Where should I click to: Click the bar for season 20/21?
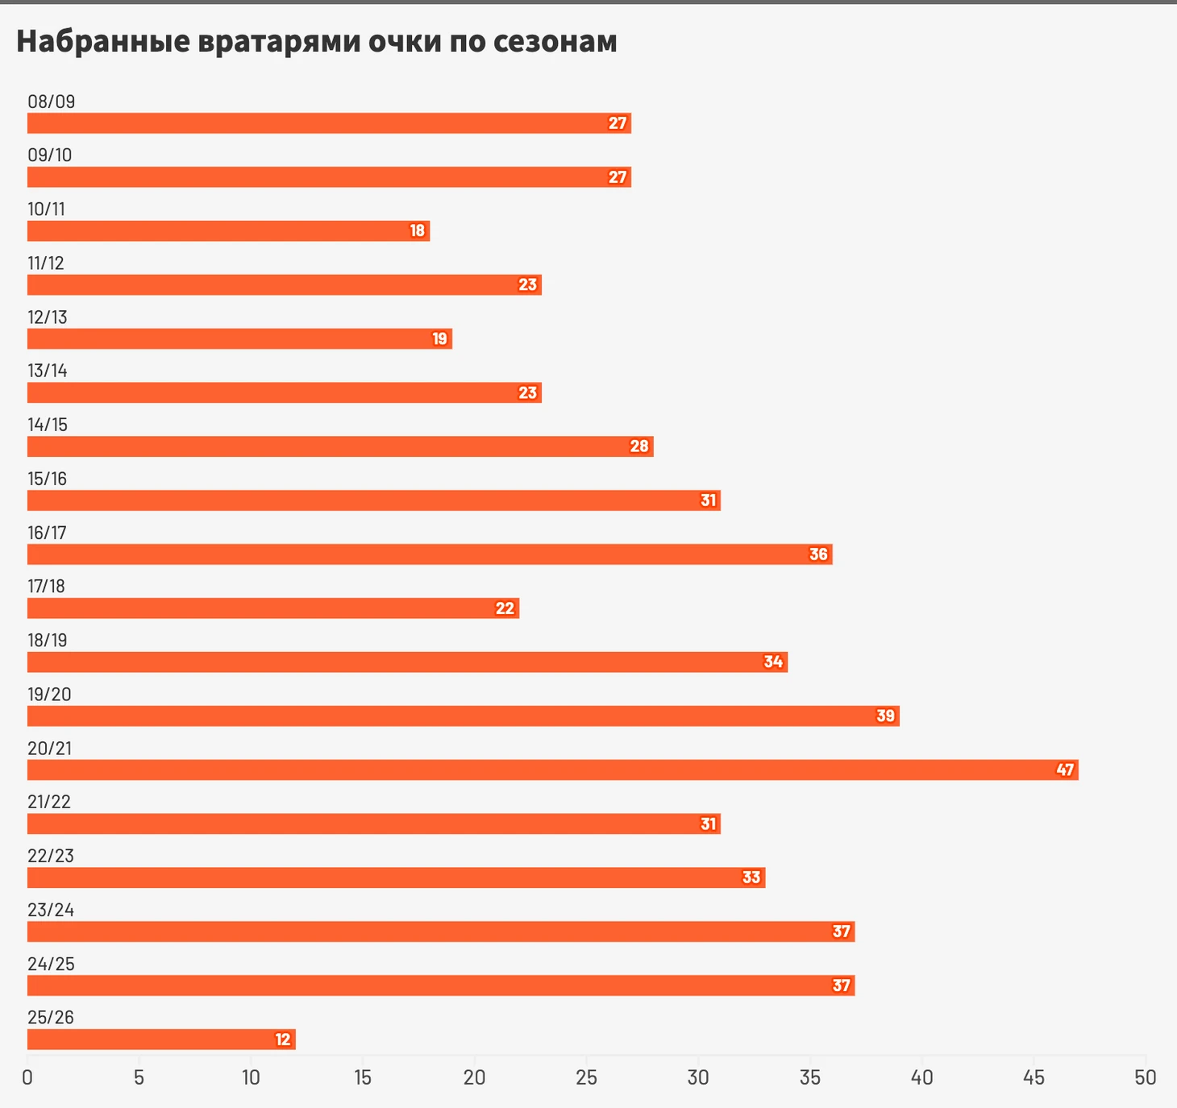point(552,770)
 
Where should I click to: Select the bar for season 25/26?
point(161,1040)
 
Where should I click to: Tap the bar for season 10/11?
point(228,230)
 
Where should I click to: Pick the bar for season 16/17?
point(430,554)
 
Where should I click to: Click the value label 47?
point(1065,770)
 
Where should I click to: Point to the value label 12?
point(282,1040)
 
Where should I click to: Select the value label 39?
point(885,716)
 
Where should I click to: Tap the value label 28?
point(639,446)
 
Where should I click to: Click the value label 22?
point(505,608)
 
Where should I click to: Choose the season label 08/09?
point(51,102)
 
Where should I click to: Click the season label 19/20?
point(49,694)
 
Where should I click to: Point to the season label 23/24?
point(51,910)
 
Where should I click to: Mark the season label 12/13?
point(48,317)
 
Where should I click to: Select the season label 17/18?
point(46,586)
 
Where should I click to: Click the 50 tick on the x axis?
point(1145,1077)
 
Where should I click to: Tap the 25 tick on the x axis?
point(586,1077)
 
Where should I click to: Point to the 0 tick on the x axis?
point(27,1077)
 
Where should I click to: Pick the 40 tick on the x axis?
point(921,1077)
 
